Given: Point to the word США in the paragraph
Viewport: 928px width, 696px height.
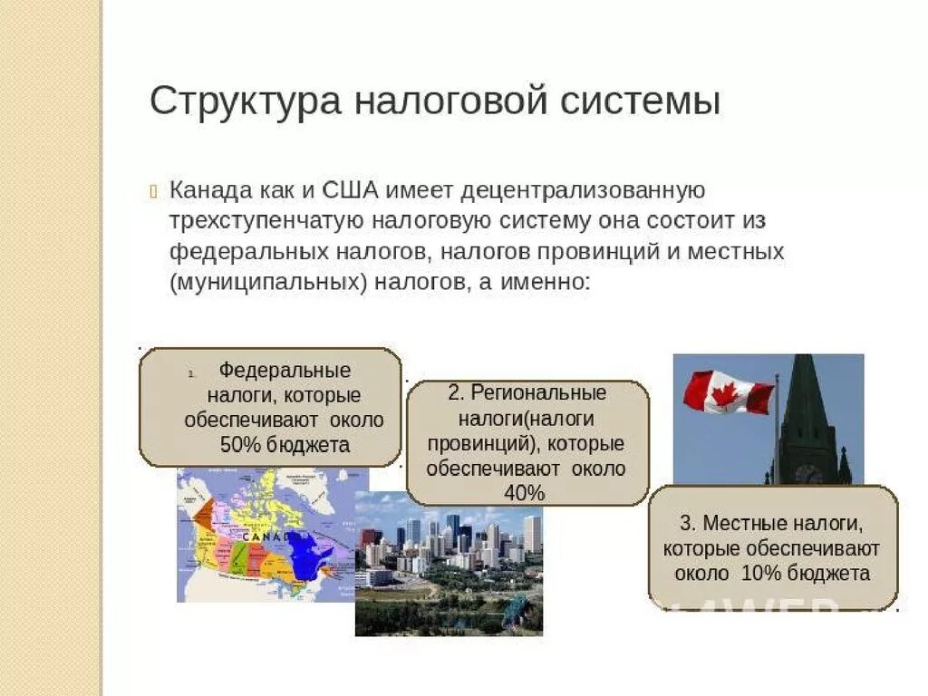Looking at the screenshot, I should [351, 191].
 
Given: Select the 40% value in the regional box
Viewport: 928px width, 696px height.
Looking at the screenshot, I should [526, 494].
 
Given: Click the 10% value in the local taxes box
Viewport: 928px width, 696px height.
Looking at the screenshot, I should [759, 574].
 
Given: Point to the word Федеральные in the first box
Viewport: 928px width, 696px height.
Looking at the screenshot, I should [285, 372].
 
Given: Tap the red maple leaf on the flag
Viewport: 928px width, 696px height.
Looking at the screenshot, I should [725, 393].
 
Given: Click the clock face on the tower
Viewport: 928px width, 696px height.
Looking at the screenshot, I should [807, 473].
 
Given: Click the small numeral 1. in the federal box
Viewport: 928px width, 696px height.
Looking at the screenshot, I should [192, 373].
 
